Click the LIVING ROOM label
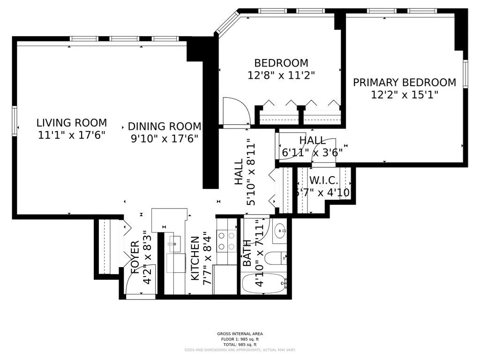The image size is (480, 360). coord(72,123)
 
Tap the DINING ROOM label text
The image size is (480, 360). coord(165,127)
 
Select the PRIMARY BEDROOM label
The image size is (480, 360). coord(404,82)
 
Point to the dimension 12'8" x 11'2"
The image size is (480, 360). coord(281,75)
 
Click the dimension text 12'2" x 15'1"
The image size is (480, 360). coord(404,95)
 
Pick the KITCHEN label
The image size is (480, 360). coord(195,258)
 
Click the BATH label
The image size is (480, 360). coord(247,254)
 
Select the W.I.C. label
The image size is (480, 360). coord(323,180)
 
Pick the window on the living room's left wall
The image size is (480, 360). coord(15,120)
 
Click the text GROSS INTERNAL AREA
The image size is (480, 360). coord(240,334)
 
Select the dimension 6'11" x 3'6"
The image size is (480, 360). coord(312,151)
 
